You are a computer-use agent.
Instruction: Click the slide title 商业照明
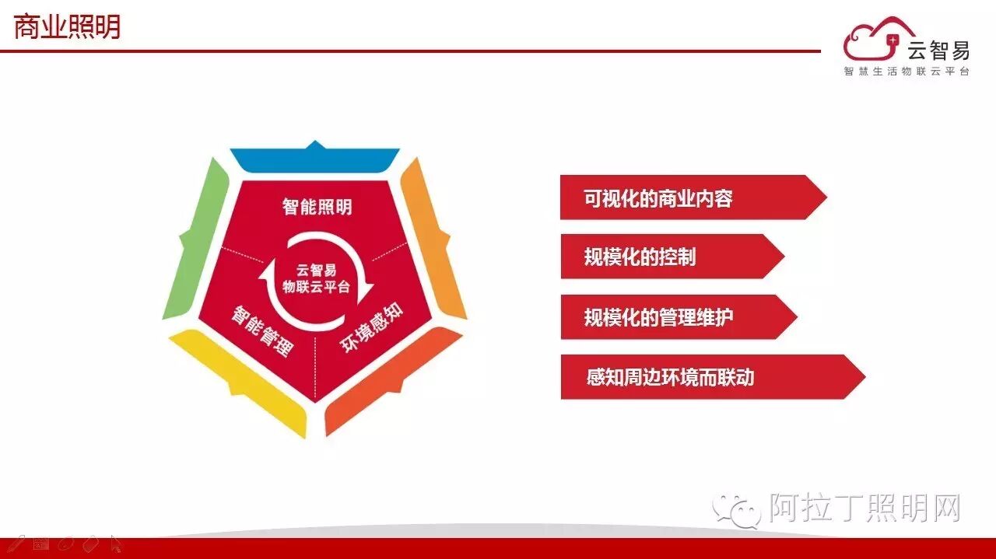[x=68, y=27]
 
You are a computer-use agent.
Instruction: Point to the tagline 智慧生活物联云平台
[x=907, y=72]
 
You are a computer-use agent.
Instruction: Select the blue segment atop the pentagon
[x=314, y=158]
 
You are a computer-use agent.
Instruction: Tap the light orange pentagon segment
[x=433, y=234]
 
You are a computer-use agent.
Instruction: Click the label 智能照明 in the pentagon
[x=317, y=207]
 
